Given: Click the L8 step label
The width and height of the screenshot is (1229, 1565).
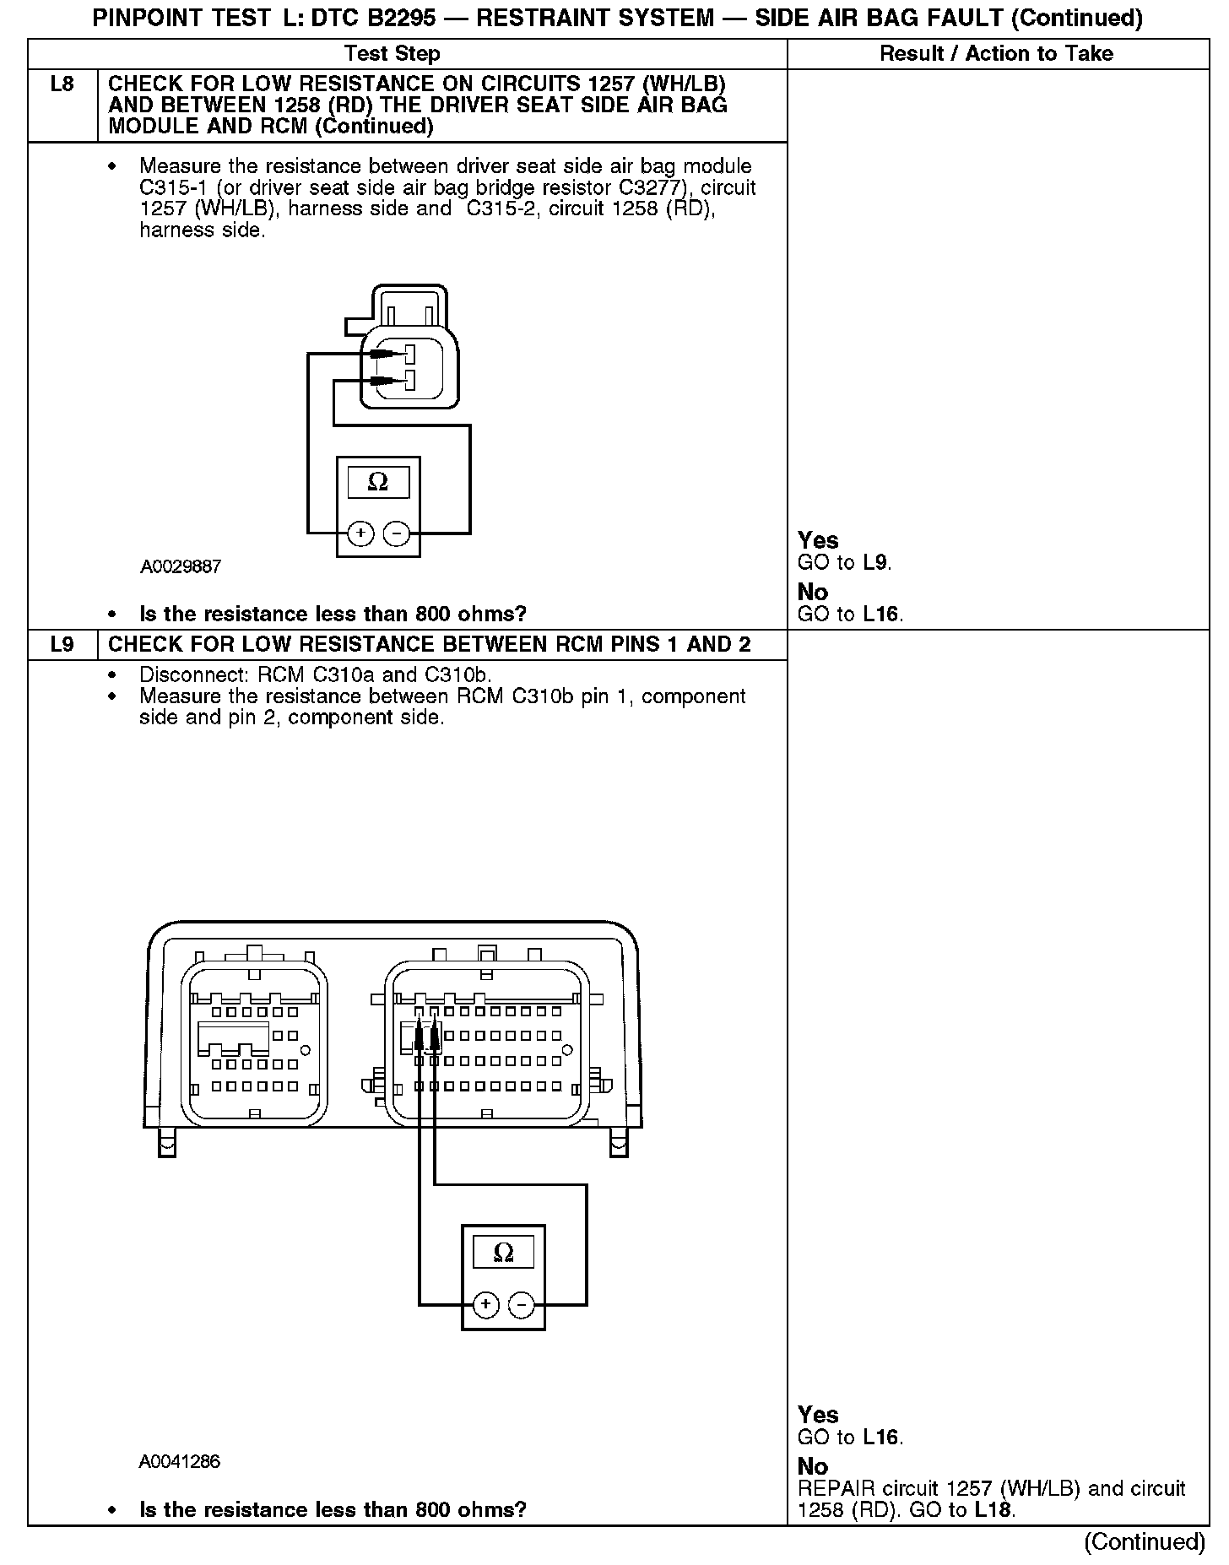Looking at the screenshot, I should [x=62, y=84].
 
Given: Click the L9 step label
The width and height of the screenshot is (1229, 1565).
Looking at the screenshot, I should [x=62, y=645].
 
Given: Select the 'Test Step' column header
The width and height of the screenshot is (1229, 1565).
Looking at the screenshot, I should [x=393, y=54].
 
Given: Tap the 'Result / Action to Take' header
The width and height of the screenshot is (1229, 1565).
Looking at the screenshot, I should [x=996, y=54].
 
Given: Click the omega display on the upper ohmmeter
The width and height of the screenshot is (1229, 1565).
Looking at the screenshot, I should [x=378, y=482].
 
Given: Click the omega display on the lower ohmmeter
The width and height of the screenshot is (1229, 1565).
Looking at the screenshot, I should [x=503, y=1252].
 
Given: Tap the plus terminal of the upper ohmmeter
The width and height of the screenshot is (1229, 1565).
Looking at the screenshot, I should [x=360, y=533].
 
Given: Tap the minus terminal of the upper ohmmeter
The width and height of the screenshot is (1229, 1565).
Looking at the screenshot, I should [x=396, y=533].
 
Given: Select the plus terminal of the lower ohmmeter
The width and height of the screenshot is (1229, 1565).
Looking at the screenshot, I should [x=485, y=1305].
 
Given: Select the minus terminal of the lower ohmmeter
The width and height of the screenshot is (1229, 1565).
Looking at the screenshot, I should [x=522, y=1305].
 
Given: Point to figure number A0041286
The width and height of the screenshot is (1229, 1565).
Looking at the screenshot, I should [x=180, y=1461].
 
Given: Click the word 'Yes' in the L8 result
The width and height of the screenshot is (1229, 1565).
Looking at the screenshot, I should [x=818, y=540].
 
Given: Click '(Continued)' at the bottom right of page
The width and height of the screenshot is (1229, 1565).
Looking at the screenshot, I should [x=1144, y=1541].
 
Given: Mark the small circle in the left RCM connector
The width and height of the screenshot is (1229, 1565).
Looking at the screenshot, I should [x=306, y=1050].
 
